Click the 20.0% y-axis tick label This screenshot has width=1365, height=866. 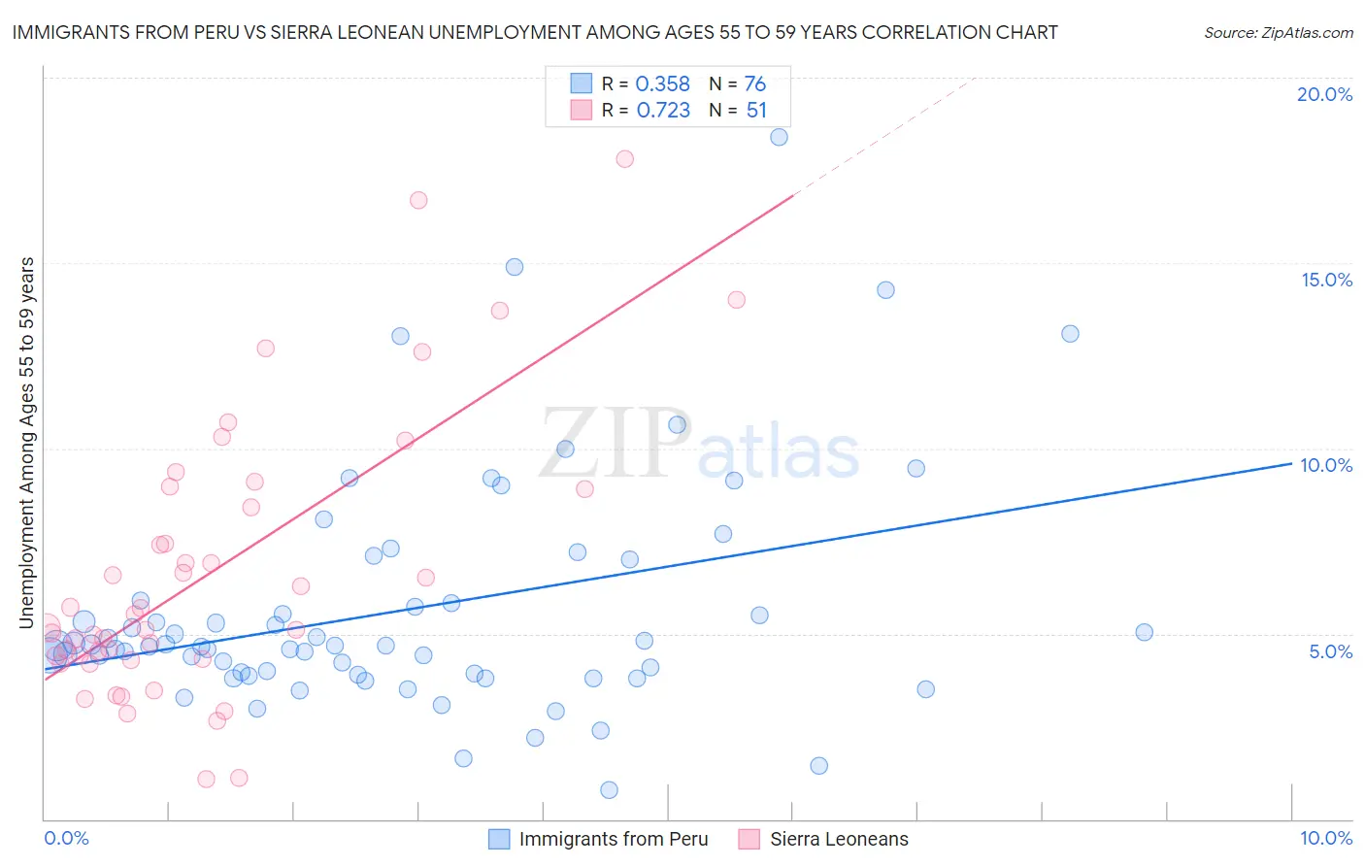coord(1324,94)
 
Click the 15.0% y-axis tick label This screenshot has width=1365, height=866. coord(1326,280)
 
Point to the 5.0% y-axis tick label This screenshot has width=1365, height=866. coord(1330,651)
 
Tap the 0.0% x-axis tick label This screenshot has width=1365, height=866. coord(66,838)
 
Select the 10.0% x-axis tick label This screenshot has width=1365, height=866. coord(1325,838)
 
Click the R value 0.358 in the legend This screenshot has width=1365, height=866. coord(662,84)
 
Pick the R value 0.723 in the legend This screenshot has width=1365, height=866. coord(663,111)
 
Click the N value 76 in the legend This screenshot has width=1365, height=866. coord(755,84)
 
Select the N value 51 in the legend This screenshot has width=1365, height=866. coord(756,111)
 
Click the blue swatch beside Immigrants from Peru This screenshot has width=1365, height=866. coord(499,839)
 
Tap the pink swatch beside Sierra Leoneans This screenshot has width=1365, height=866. coord(749,839)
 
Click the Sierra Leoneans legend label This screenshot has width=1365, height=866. coord(839,839)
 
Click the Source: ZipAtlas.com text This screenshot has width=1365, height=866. coord(1278,33)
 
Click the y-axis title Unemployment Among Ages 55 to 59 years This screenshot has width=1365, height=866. coord(27,442)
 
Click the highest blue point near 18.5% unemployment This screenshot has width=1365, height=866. coord(779,137)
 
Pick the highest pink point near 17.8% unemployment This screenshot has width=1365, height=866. coord(625,158)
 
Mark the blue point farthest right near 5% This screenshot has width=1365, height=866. coord(1144,632)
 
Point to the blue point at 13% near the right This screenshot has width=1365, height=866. coord(1070,333)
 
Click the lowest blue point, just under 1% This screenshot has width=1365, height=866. coord(609,789)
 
